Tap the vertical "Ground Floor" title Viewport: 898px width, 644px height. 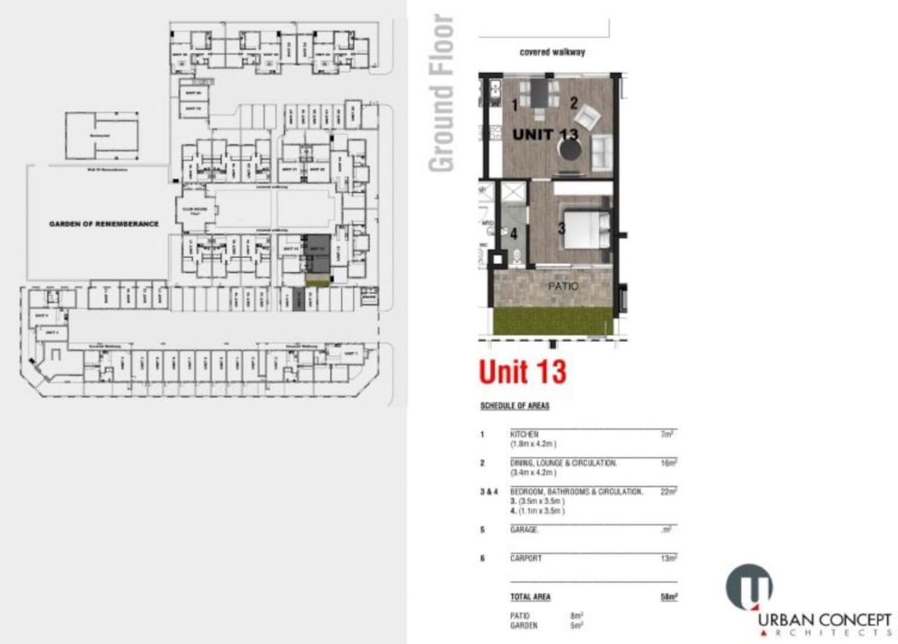442,94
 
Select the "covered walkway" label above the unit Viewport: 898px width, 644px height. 552,52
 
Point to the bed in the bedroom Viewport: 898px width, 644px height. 585,228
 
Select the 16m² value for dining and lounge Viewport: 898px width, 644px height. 668,463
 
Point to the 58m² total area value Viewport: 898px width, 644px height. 668,596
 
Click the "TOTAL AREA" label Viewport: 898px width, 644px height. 530,596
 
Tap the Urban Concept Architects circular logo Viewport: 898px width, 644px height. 748,587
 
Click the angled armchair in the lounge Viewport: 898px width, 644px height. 586,117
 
